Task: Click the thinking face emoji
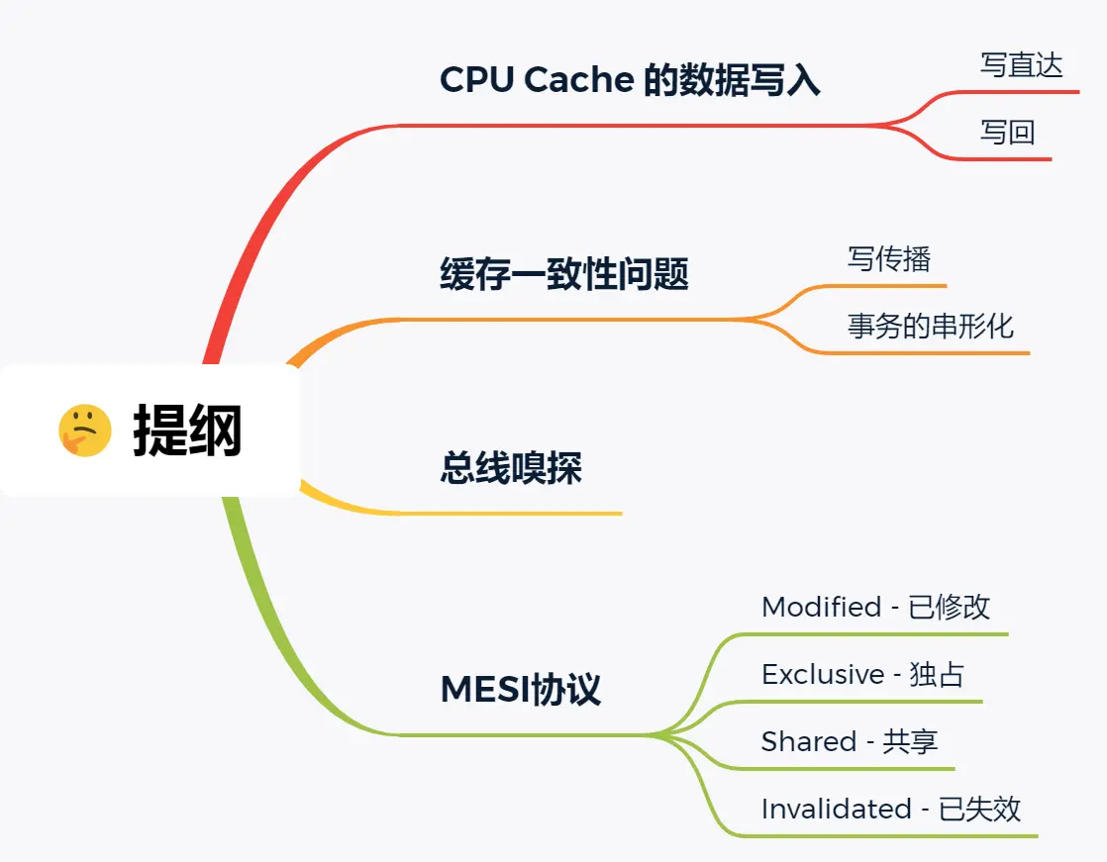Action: point(85,431)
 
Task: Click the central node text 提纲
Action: point(188,431)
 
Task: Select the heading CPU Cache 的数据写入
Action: point(630,80)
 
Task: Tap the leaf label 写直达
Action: point(1021,65)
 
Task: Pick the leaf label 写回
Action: point(1007,132)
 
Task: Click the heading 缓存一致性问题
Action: point(563,274)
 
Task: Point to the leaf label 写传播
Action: point(888,259)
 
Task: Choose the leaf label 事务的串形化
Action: point(930,326)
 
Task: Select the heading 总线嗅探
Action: point(511,468)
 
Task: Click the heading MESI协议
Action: point(520,690)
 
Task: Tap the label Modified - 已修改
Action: point(875,607)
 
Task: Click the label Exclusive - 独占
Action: point(862,674)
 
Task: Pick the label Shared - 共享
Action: point(850,741)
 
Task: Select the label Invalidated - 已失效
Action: point(890,809)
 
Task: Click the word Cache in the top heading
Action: point(579,80)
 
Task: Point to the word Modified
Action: point(821,607)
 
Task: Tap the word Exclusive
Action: point(823,674)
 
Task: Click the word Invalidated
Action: point(836,809)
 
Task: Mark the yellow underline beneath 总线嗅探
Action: point(515,514)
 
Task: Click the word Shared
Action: point(808,741)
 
